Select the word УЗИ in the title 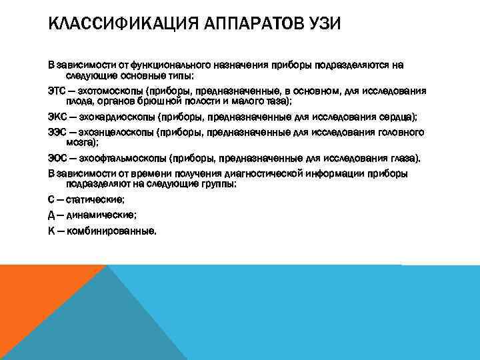coord(321,25)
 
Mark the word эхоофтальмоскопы coord(129,159)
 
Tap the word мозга coord(81,142)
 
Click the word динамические coord(102,215)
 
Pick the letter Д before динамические coord(52,215)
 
